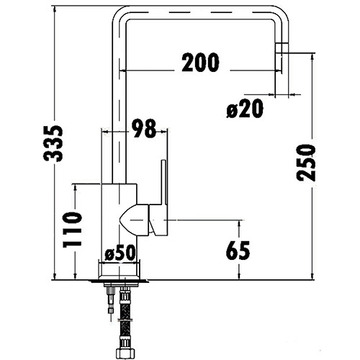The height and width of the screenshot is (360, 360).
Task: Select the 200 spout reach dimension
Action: click(200, 63)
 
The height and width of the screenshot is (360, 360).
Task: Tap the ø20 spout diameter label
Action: click(244, 109)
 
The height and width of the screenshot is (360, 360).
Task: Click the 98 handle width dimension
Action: click(144, 128)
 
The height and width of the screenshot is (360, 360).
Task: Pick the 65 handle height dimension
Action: click(238, 250)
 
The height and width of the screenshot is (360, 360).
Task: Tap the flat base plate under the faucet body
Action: click(121, 279)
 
